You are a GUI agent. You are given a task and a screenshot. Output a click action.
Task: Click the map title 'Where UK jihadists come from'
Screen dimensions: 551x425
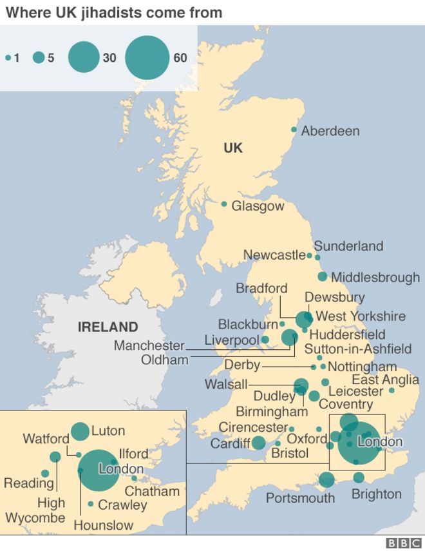(114, 12)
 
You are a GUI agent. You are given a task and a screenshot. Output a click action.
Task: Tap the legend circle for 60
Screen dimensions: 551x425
(147, 58)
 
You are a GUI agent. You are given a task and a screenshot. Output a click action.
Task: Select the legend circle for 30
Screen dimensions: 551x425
(83, 58)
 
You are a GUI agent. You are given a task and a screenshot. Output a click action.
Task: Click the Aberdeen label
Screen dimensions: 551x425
(330, 131)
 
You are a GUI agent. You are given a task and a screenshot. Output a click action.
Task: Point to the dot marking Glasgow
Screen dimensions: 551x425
(224, 204)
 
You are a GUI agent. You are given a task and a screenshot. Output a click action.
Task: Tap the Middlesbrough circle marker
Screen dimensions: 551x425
(323, 276)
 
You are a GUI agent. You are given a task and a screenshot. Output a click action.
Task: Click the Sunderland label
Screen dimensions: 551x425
(348, 246)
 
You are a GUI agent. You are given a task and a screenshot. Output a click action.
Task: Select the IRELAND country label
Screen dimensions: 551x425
(108, 327)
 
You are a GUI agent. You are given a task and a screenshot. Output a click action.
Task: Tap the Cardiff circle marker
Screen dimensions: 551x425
(258, 443)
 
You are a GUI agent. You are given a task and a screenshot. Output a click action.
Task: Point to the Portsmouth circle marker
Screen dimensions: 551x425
(326, 479)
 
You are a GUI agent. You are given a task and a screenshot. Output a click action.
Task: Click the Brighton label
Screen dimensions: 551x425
(376, 494)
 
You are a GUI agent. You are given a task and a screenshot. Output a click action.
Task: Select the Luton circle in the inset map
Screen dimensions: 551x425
(80, 431)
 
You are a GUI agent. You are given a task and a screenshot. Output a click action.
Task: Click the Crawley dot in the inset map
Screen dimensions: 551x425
(91, 504)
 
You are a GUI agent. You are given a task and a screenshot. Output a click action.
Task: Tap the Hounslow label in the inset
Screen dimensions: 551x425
(103, 525)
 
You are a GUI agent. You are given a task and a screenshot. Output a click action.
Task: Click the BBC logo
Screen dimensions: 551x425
(402, 543)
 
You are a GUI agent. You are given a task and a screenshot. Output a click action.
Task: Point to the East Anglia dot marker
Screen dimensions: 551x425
(392, 390)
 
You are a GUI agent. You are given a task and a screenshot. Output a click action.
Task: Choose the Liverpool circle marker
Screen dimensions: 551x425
(265, 340)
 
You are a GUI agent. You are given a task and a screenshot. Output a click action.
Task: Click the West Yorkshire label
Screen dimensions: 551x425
(361, 316)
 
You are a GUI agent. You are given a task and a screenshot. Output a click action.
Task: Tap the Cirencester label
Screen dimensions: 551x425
(252, 427)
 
